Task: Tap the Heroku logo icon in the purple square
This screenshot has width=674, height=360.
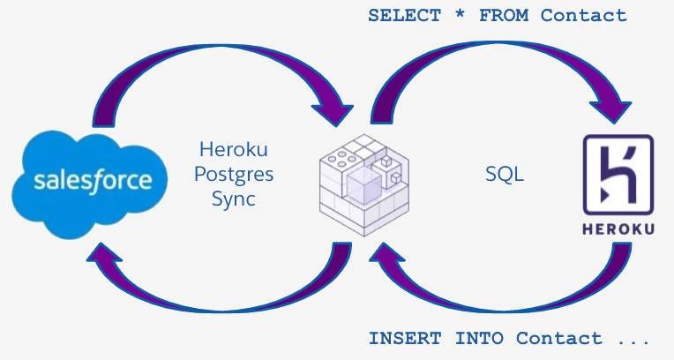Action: [x=618, y=174]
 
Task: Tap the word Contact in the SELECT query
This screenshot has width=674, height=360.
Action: [x=584, y=15]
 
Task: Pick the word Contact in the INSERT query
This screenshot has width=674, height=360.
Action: [x=559, y=338]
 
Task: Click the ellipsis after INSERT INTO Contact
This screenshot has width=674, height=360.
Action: [x=633, y=338]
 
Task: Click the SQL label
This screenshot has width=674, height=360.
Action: [x=505, y=175]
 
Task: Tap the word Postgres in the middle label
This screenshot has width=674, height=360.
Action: [x=236, y=174]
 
